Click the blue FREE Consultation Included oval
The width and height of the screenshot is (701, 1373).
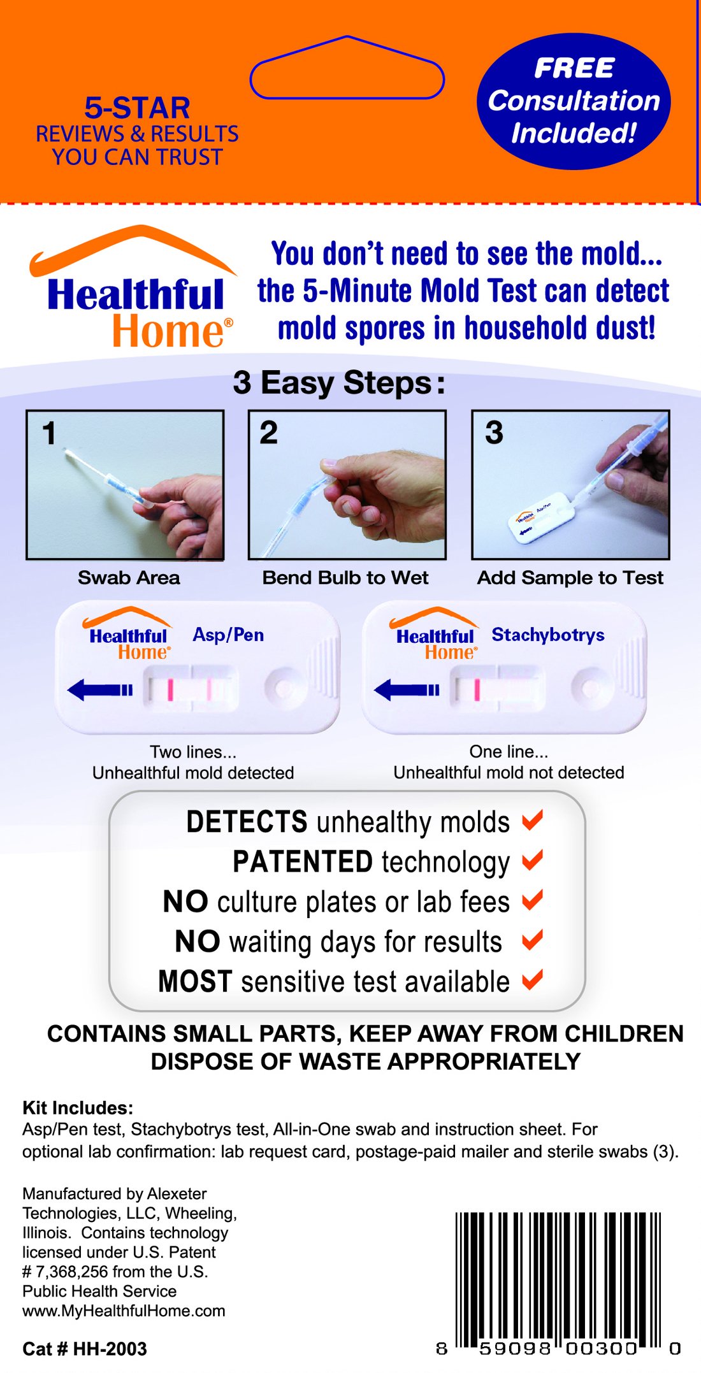pos(574,101)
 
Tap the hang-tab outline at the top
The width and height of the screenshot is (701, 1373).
pos(347,69)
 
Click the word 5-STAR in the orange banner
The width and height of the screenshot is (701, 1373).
pos(137,108)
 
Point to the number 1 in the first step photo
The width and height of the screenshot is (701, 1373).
pos(48,433)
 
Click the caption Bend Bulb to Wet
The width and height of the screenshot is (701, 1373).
pos(345,578)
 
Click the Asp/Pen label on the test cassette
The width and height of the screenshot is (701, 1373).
pos(228,635)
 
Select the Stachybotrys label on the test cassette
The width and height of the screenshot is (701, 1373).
pos(548,635)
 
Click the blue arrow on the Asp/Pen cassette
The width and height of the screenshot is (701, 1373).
pos(99,689)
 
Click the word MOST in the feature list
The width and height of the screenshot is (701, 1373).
pos(195,981)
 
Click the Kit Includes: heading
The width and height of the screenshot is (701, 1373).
pos(78,1107)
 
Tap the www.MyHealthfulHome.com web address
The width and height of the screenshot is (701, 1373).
pos(124,1311)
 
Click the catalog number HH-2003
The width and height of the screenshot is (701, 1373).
pos(110,1349)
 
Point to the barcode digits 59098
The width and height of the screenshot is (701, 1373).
pos(515,1349)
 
